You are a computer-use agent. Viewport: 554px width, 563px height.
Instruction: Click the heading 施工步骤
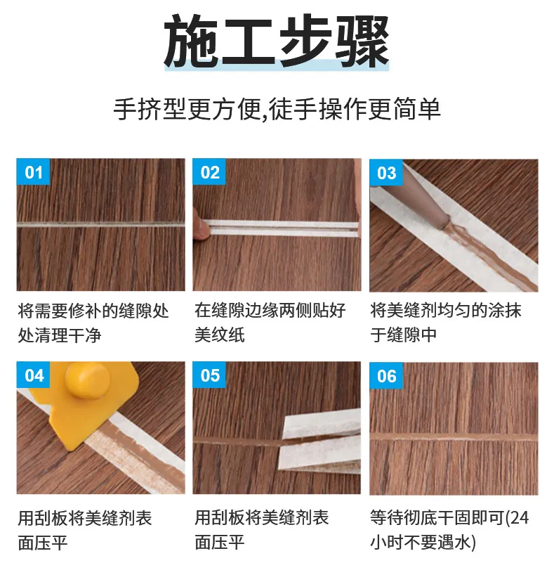pos(277,41)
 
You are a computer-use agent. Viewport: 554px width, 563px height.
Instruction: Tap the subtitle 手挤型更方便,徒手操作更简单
pos(277,109)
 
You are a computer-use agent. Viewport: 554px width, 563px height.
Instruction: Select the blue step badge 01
pos(33,172)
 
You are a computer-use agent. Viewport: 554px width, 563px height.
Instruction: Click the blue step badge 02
pos(209,172)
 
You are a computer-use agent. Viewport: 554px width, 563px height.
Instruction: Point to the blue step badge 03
pos(386,173)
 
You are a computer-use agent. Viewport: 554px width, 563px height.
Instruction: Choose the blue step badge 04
pos(33,375)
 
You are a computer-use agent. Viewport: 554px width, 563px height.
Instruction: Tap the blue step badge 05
pos(209,375)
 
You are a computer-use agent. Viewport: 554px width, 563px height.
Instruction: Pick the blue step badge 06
pos(386,376)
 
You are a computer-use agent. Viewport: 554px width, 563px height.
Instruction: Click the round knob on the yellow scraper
pos(86,380)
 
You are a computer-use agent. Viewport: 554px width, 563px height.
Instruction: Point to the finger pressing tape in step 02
pos(201,228)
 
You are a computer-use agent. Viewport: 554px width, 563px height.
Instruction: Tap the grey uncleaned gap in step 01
pos(101,225)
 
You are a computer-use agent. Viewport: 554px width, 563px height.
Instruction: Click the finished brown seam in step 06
pos(454,437)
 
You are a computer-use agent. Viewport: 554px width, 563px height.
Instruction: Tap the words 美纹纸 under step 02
pos(220,335)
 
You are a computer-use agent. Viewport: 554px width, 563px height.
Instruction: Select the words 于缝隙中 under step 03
pos(404,335)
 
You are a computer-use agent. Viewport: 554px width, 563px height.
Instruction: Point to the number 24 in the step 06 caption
pos(520,518)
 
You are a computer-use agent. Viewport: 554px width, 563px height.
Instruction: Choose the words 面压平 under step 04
pos(43,543)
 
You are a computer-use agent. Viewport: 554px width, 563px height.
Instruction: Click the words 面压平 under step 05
pos(220,543)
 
